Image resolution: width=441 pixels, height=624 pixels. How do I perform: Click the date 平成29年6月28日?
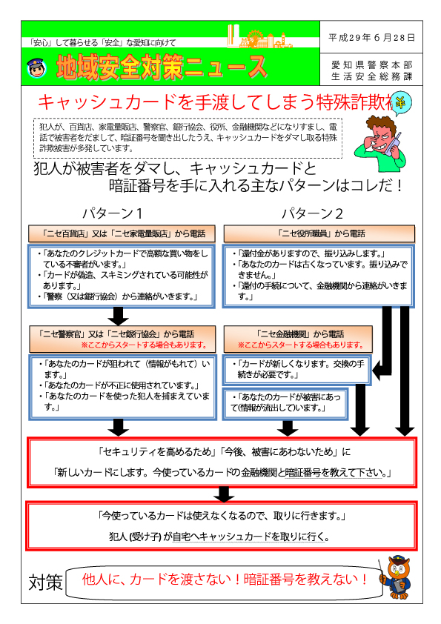tap(371, 37)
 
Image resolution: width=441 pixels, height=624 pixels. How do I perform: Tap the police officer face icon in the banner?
tap(37, 68)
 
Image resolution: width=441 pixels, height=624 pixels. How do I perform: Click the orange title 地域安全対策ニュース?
tap(161, 67)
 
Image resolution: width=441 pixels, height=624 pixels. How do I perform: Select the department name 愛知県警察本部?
tap(372, 64)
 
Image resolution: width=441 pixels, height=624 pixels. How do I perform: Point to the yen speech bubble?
tap(401, 104)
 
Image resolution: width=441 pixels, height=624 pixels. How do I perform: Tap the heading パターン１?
tap(112, 213)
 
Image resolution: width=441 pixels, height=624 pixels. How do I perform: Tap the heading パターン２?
tap(313, 213)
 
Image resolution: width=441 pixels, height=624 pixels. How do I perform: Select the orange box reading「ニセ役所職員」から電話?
tap(319, 233)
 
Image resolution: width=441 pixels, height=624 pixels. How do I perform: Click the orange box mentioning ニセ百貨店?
tap(122, 233)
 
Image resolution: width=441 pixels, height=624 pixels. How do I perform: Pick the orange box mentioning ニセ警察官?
tap(122, 339)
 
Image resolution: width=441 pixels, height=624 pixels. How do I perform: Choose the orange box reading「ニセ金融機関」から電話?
tap(298, 339)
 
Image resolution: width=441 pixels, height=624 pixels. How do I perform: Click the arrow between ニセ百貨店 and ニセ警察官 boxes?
tap(118, 316)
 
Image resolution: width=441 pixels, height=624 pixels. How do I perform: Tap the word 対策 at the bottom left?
tap(46, 582)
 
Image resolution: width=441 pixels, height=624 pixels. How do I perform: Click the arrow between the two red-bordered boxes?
tap(224, 494)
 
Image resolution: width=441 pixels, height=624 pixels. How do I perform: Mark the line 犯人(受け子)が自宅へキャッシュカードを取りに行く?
tap(219, 537)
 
